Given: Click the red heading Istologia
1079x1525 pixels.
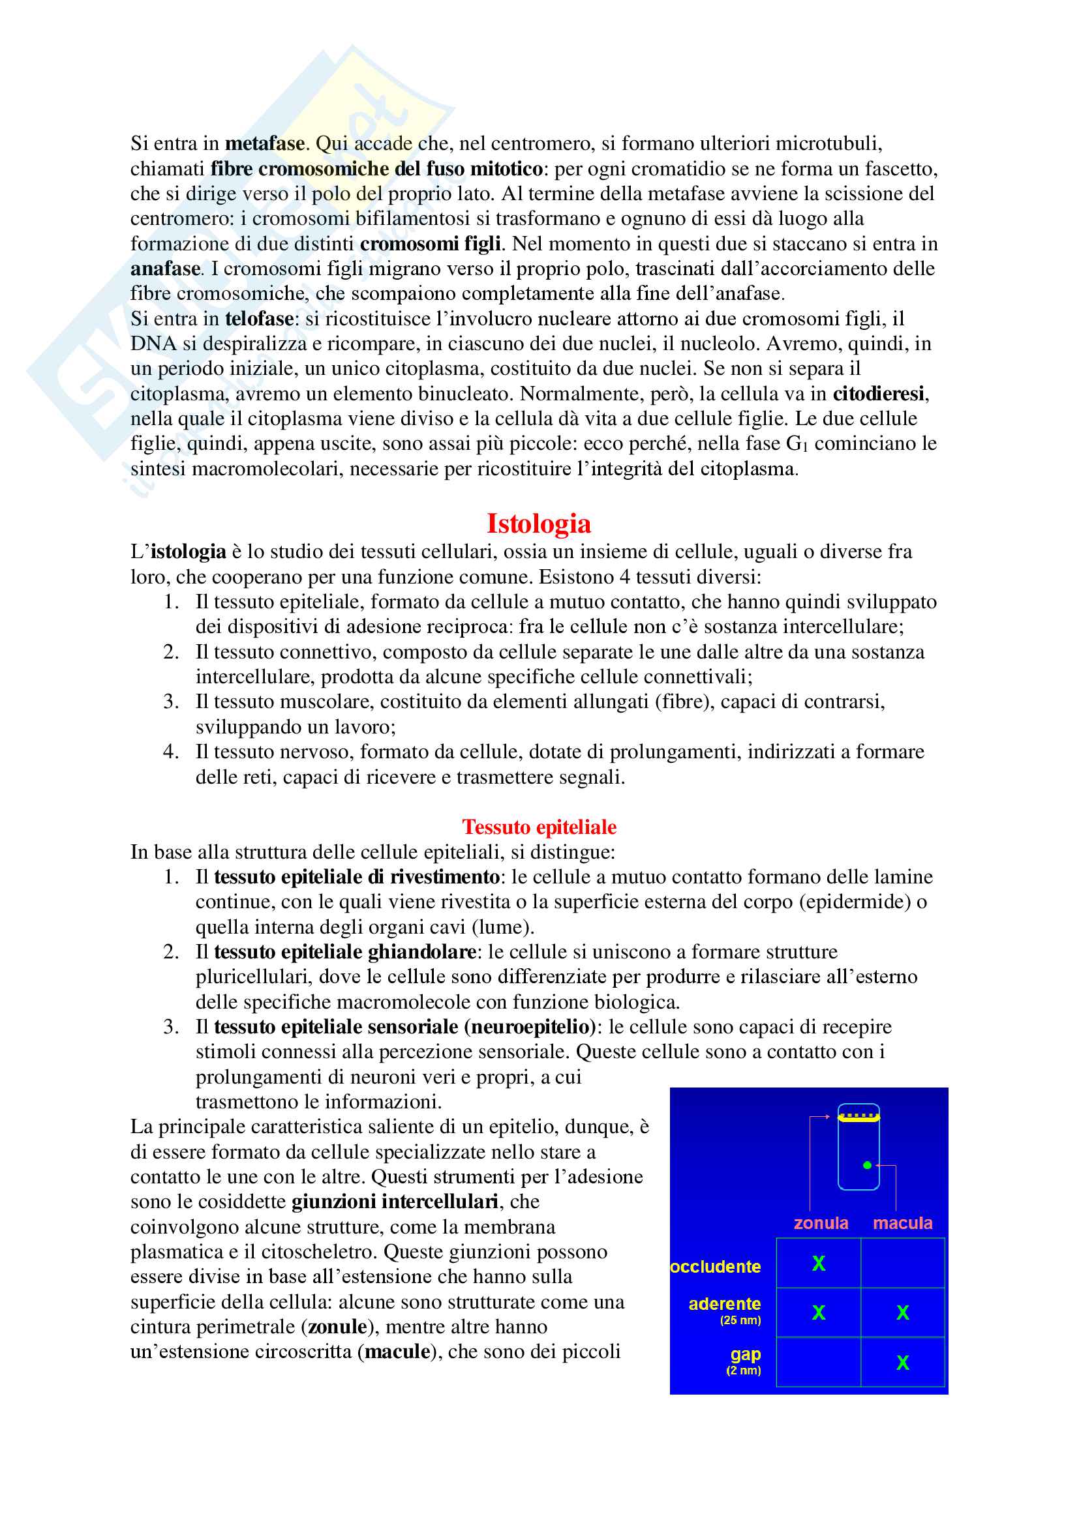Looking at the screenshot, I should (538, 524).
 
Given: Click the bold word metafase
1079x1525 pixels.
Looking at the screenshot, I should (264, 143).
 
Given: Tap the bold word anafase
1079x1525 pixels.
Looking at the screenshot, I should (165, 269).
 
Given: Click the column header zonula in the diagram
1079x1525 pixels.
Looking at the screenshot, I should (821, 1222).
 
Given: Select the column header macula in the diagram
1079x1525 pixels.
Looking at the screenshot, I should (902, 1222).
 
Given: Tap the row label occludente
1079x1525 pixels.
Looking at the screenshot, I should (715, 1267).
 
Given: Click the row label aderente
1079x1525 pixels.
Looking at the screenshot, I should (724, 1304).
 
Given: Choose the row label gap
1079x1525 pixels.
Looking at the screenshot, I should (745, 1354).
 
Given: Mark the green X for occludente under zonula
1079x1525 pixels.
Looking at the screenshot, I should (819, 1264).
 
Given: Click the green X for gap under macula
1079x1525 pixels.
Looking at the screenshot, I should (902, 1363).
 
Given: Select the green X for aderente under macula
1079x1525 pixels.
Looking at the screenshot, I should (902, 1312).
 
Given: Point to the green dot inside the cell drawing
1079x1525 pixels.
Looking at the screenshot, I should (867, 1165).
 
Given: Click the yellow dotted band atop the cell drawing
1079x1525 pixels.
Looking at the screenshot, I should (859, 1118).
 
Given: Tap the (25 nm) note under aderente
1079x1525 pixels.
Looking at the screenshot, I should (740, 1320).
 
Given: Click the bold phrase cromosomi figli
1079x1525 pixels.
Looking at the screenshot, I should (430, 244).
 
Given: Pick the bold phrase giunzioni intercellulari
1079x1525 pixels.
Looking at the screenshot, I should (395, 1202).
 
